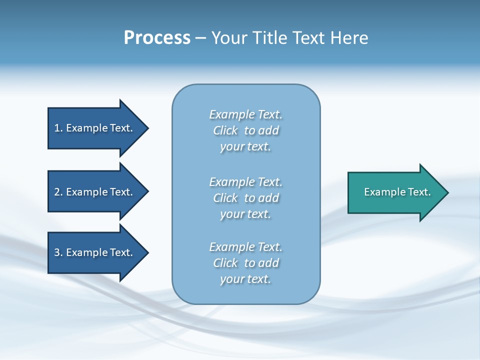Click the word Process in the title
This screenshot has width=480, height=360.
click(x=157, y=38)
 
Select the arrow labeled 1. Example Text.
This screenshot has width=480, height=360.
click(x=95, y=128)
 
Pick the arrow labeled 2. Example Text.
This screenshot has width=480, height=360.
click(x=95, y=192)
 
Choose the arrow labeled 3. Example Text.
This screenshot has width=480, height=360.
click(x=95, y=252)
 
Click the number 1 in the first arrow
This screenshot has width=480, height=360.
click(x=57, y=128)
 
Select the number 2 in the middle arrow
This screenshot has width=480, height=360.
click(x=57, y=192)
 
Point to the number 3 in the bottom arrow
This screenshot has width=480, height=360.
click(x=57, y=252)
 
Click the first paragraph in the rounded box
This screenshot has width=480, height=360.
click(x=245, y=130)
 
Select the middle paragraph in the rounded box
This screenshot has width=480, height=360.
click(x=245, y=198)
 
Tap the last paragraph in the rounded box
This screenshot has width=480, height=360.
click(x=245, y=263)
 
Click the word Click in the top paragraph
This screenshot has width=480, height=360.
click(x=225, y=130)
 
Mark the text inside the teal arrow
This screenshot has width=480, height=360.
click(x=397, y=192)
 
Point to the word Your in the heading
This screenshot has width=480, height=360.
click(x=228, y=38)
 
